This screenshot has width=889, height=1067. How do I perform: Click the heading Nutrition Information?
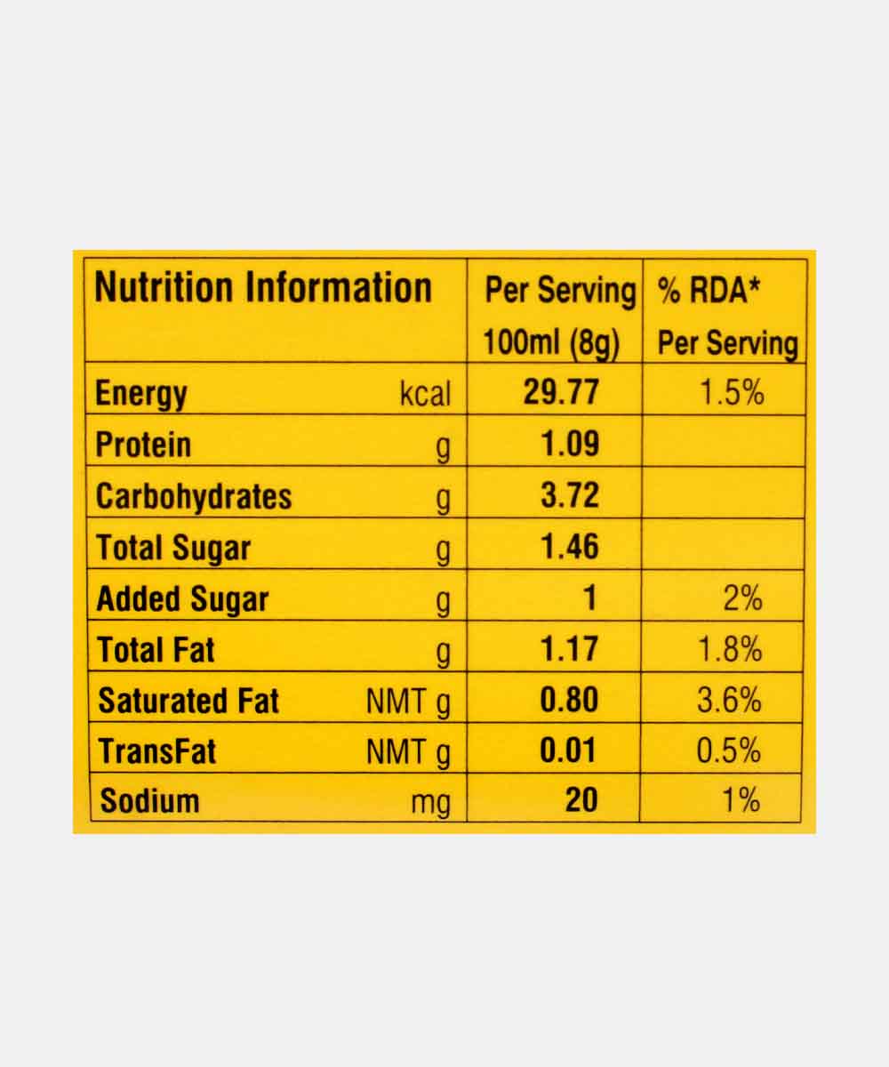coord(263,289)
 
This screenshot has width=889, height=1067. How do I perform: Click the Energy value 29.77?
coord(561,392)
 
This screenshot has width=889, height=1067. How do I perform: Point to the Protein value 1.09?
coord(570,444)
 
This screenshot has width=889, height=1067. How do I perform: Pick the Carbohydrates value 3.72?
coord(570,495)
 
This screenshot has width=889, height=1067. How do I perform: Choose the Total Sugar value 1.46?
coord(570,547)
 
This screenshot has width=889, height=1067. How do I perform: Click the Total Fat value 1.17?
coord(570,650)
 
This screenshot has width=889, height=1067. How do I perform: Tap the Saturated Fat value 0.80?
coord(570,701)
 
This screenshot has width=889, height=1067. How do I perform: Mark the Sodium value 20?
coord(581,800)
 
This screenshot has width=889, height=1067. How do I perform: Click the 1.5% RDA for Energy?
coord(731,392)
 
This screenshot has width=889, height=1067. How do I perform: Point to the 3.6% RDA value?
coord(729,701)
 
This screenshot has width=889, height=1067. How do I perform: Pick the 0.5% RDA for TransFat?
coord(729,751)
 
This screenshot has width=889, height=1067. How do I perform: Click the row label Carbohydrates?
coord(194,496)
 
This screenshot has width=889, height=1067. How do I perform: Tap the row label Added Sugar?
coord(182,599)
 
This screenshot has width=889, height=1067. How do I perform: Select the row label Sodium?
coord(149,800)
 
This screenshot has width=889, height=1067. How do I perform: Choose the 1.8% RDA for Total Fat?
coord(729,650)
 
